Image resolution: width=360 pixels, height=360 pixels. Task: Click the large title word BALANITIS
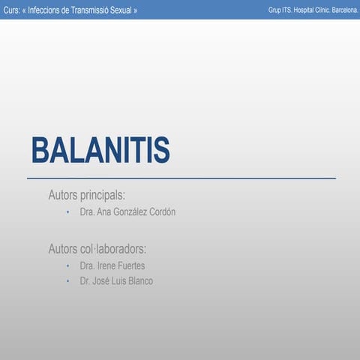100,151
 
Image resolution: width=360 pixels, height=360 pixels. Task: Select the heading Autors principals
91,195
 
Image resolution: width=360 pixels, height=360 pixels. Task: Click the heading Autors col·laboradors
97,248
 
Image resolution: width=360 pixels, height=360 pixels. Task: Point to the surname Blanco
139,281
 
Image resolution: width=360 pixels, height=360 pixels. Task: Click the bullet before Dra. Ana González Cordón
67,213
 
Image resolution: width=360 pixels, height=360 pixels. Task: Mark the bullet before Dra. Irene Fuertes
67,266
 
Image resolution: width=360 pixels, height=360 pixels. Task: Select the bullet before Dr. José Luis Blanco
67,282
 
